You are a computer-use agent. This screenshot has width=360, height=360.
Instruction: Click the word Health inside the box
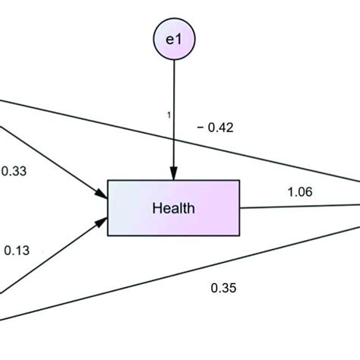(174, 207)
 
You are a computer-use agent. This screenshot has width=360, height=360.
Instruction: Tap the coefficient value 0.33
(15, 172)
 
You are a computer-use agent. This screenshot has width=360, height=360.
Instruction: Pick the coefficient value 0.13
(17, 249)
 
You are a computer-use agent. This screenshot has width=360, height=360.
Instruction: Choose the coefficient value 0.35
(223, 287)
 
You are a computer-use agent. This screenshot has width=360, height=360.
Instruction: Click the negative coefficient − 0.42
(215, 128)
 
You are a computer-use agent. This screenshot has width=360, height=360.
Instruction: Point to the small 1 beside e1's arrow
(169, 115)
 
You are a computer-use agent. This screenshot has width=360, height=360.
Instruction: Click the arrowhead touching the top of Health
(175, 174)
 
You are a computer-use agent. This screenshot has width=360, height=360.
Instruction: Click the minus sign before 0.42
(200, 128)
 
